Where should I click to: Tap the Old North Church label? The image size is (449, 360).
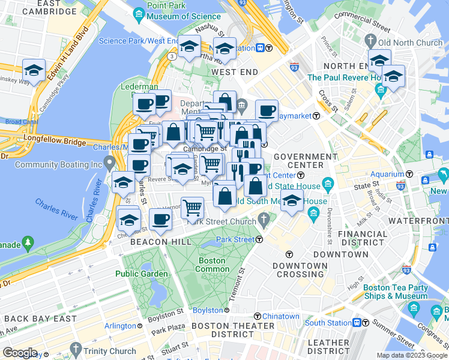tap(409, 43)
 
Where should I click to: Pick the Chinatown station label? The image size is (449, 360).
tap(280, 316)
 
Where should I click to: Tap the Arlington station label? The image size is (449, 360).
tap(120, 326)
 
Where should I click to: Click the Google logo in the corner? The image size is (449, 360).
tap(20, 353)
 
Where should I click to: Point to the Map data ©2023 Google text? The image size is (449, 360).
tap(411, 355)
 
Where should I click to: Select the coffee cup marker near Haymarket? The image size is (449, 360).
tap(266, 110)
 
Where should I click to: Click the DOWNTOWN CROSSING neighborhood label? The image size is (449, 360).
tap(300, 269)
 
